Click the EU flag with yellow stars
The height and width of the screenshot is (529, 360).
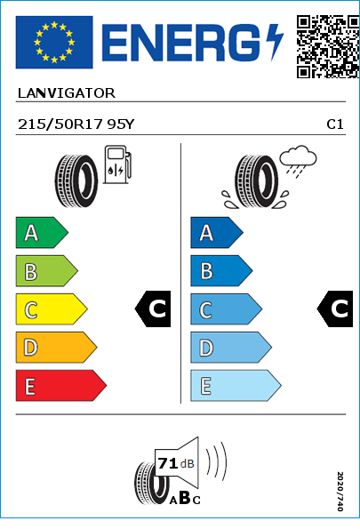coord(54,42)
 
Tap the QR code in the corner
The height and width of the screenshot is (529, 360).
coord(328,46)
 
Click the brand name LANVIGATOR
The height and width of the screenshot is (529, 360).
coord(67,93)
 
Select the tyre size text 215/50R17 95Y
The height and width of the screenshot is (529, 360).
coord(76,124)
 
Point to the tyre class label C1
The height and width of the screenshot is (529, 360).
coord(335,124)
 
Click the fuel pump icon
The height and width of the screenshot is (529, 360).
coord(117,164)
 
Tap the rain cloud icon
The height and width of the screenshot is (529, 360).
coord(298,161)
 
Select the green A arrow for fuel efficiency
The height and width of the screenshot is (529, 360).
coord(42,232)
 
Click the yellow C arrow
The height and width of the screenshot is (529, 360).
coord(52,309)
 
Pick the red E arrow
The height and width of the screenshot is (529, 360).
coord(61,386)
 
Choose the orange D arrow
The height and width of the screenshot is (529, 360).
coord(56,348)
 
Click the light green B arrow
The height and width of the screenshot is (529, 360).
coord(46,271)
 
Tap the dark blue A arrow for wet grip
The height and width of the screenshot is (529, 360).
coord(217,232)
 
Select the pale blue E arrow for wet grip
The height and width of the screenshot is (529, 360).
coord(236,386)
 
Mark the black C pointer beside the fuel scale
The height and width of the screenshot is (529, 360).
coord(153,309)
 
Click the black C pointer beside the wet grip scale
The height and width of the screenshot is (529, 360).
coord(335,309)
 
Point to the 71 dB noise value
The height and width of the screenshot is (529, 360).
coord(176,463)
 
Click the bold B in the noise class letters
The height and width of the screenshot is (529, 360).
coord(185,498)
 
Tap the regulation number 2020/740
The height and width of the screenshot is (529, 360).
coord(340,492)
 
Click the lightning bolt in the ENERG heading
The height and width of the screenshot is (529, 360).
coord(275,42)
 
